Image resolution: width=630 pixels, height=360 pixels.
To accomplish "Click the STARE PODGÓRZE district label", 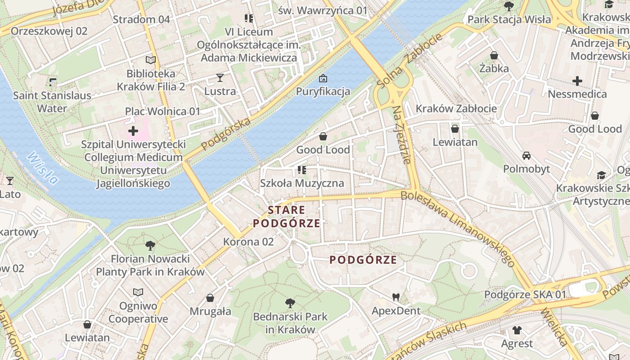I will click(287, 216).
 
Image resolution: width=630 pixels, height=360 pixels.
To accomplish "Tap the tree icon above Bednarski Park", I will click(290, 303).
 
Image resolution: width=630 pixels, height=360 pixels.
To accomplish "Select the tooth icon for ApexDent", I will click(396, 297).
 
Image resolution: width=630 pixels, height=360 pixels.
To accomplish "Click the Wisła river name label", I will click(42, 168).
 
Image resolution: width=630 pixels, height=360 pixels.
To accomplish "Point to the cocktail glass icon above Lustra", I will click(220, 78).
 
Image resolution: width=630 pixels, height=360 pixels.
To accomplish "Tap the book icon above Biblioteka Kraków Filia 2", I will click(150, 60).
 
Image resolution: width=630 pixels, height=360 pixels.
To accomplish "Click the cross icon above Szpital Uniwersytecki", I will click(133, 131).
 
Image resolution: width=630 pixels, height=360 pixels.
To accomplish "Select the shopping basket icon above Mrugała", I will click(210, 298).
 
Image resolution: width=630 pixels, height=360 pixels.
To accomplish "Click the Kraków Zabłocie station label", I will click(456, 108).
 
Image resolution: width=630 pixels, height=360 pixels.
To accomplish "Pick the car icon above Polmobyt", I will click(526, 156).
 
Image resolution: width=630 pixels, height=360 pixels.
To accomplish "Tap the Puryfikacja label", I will click(323, 92).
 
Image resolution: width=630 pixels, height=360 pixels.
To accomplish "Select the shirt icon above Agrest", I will click(517, 330).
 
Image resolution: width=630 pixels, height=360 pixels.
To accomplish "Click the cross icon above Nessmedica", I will click(577, 81).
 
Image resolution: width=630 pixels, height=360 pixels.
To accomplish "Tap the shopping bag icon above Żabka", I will click(494, 55).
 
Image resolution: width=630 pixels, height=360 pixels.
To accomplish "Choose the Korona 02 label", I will click(248, 242).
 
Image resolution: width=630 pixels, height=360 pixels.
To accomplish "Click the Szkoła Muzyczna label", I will click(302, 183).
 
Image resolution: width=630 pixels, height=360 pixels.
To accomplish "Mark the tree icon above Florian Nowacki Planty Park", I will click(150, 246).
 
